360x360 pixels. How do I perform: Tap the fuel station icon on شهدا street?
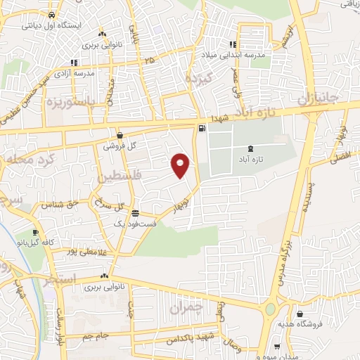(x=202, y=128)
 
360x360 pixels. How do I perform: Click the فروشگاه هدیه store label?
(x=321, y=324)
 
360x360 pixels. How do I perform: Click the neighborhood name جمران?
(x=186, y=307)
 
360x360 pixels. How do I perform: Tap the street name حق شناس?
(x=56, y=205)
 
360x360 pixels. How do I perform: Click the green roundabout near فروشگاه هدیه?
(x=270, y=309)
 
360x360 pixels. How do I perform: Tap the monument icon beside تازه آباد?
(x=250, y=148)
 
